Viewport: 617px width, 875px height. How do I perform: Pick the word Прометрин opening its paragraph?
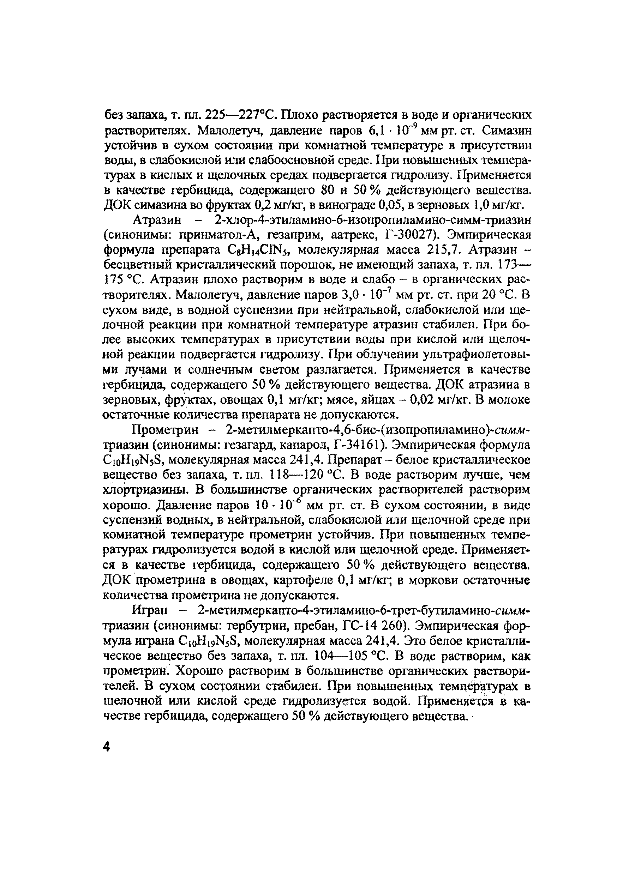pos(165,430)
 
